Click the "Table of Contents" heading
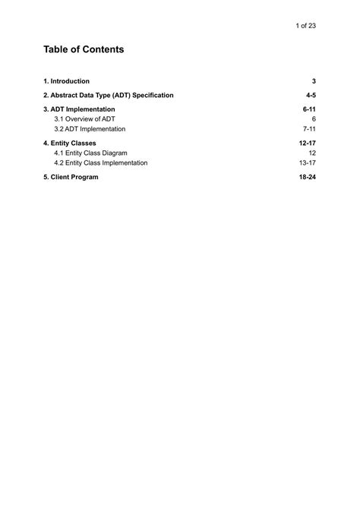point(84,49)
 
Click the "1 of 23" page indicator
point(305,26)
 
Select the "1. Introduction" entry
point(67,80)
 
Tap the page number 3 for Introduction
point(314,80)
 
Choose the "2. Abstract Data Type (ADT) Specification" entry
point(109,95)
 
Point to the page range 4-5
point(311,95)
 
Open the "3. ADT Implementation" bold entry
point(79,109)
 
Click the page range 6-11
point(308,109)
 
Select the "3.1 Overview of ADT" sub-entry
point(84,119)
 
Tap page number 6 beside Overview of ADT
point(314,119)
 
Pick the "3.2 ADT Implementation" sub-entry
point(90,129)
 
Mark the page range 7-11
point(309,129)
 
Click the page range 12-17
point(307,143)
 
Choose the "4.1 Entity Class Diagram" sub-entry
point(90,153)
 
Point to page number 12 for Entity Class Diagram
point(311,153)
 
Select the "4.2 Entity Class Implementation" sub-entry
point(101,162)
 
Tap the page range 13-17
point(307,162)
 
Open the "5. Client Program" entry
point(71,177)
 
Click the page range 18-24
point(307,177)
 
